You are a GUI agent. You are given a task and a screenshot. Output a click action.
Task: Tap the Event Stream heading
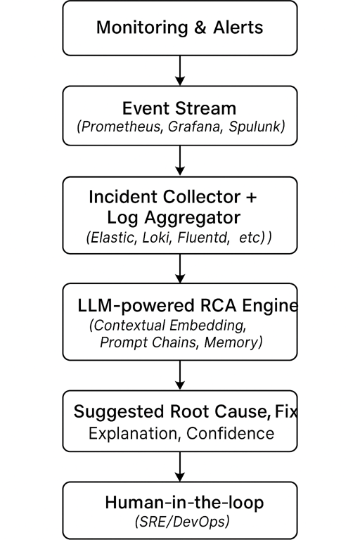point(179,108)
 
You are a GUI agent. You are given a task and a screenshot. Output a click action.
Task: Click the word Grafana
point(192,127)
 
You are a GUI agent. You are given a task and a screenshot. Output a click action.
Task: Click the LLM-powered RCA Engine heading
point(188,306)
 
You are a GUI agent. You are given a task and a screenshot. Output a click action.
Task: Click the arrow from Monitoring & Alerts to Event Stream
point(180,70)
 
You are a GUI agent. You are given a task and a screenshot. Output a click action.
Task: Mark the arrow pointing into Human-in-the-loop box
point(180,466)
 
